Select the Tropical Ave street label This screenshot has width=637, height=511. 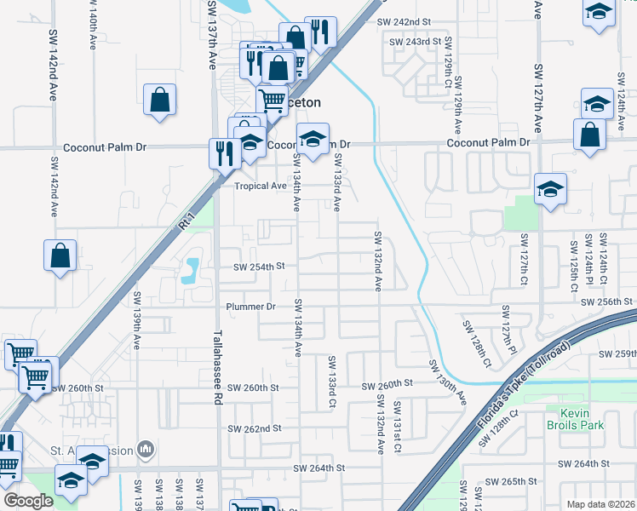[x=261, y=186]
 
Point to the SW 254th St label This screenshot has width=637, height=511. [x=258, y=267]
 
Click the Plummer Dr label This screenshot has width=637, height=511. [x=251, y=307]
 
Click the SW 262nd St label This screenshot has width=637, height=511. [x=255, y=428]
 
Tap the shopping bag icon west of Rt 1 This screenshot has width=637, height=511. [x=60, y=255]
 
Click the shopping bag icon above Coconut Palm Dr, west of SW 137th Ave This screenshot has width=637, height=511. [x=159, y=100]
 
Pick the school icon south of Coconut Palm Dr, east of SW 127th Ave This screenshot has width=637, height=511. [x=550, y=188]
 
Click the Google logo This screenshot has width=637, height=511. [x=29, y=502]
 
